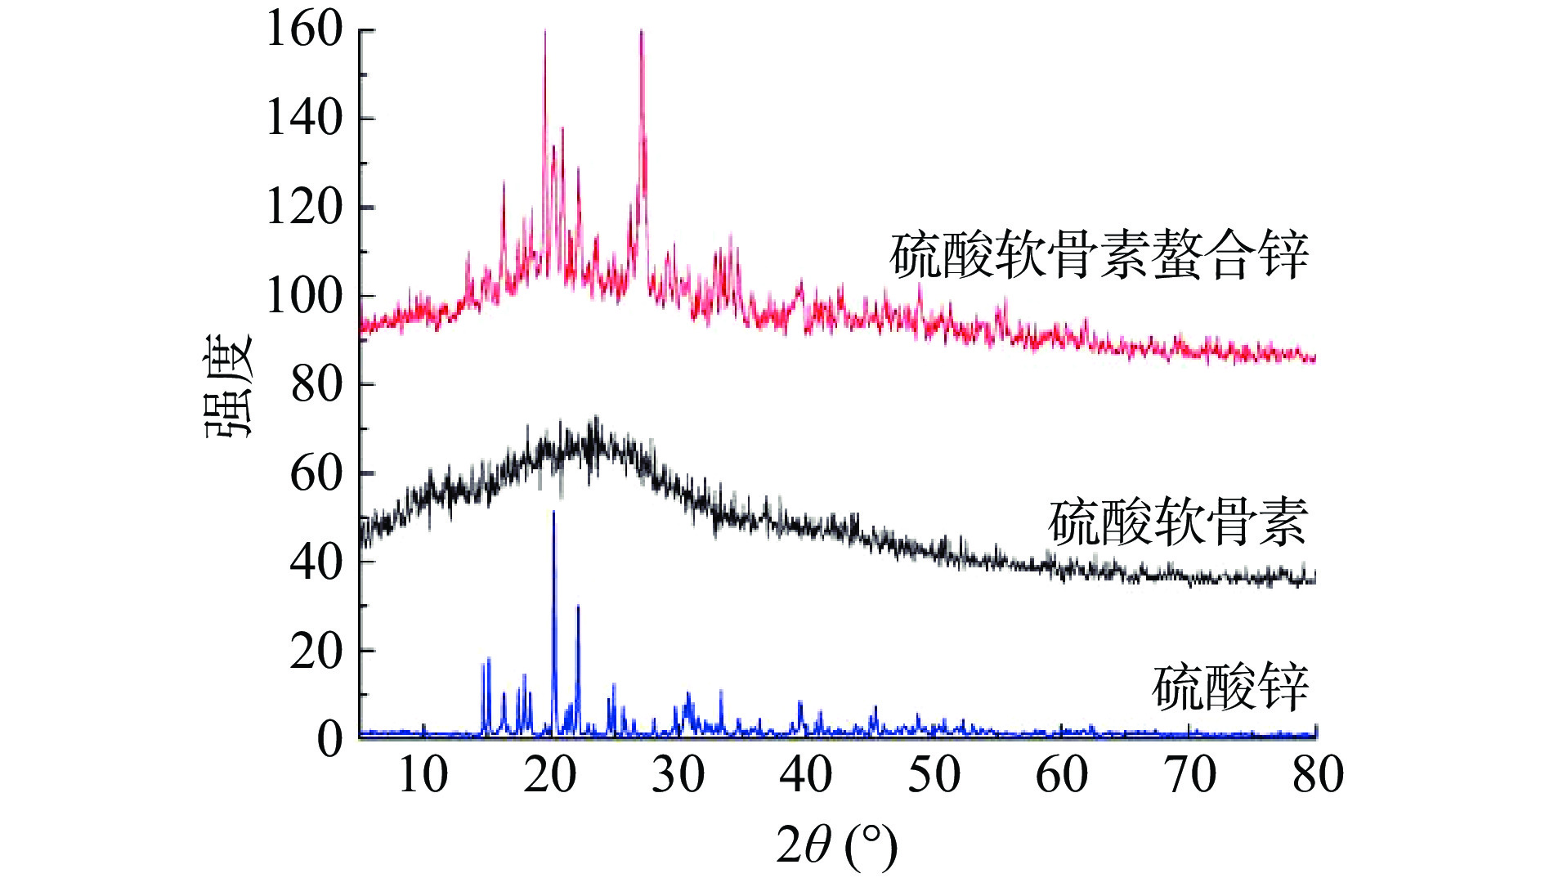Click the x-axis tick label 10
tap(423, 774)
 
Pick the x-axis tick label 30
tap(678, 774)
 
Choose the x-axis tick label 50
tap(934, 774)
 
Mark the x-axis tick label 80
tap(1318, 774)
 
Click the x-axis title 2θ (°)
tap(836, 845)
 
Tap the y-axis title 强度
tap(229, 386)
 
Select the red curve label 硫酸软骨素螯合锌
tap(1099, 256)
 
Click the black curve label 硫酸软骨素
tap(1178, 522)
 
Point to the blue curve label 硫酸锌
tap(1230, 688)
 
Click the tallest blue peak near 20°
tap(553, 513)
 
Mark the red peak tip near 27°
tap(642, 31)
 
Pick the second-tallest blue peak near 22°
tap(578, 607)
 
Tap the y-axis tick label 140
tap(304, 119)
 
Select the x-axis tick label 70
tap(1190, 774)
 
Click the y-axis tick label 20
tap(316, 651)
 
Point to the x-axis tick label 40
tap(805, 774)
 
